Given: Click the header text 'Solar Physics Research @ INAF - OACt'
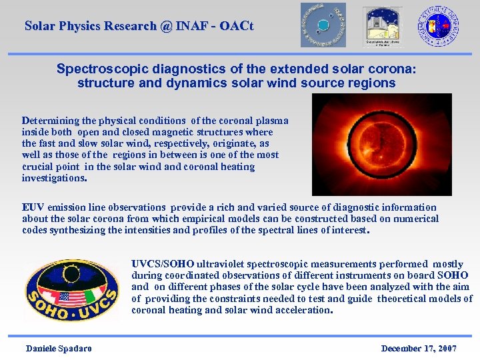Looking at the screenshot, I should tap(139, 27).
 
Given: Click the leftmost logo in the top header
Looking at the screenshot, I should tap(323, 25).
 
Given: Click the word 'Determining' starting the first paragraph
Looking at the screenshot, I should tap(49, 121).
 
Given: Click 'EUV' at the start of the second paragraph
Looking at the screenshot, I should tap(32, 207).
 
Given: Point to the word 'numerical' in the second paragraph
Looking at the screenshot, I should tap(417, 219).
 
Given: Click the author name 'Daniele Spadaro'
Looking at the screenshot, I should tap(59, 348).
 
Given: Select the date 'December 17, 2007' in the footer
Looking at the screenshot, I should tap(418, 348).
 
